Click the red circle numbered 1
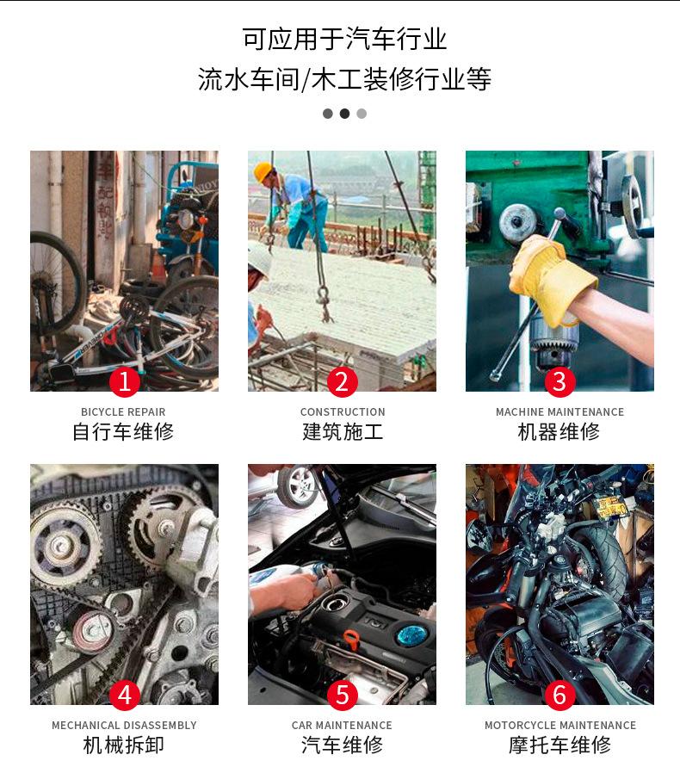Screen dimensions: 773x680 [x=124, y=380]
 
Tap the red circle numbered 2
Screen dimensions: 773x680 [x=342, y=380]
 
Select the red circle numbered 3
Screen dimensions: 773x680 [x=559, y=380]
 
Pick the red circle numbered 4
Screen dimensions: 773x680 [x=124, y=694]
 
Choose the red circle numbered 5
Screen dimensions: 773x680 [x=342, y=694]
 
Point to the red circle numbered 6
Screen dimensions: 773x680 [x=559, y=694]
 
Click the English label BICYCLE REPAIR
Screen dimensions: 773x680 [x=123, y=412]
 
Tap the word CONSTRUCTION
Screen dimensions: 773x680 [x=343, y=412]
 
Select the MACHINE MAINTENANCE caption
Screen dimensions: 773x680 [x=559, y=412]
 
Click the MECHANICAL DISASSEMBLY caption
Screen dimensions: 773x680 [x=124, y=726]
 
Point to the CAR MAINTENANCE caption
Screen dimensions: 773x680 [x=342, y=726]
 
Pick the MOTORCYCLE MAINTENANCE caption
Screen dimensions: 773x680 [x=560, y=726]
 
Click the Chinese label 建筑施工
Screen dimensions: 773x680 [x=343, y=432]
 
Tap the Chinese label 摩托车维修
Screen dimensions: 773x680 [x=560, y=745]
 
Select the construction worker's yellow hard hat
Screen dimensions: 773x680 [x=263, y=170]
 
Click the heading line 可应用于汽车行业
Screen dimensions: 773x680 [x=344, y=40]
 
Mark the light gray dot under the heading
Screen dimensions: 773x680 [x=362, y=114]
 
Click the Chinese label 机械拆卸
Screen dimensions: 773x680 [x=124, y=745]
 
